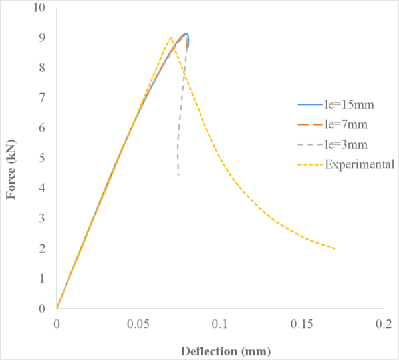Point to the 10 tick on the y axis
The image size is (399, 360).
(x=41, y=8)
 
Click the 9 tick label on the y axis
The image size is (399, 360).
(x=43, y=38)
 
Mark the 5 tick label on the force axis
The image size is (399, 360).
(x=43, y=158)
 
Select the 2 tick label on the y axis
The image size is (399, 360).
(x=43, y=248)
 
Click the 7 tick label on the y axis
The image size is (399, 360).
(x=43, y=98)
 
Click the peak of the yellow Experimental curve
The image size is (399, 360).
(x=171, y=37)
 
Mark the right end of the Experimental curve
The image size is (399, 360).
(x=334, y=248)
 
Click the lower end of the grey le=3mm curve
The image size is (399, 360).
(x=178, y=175)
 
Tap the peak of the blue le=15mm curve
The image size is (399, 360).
(x=186, y=33)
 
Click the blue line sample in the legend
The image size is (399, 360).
(x=308, y=105)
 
